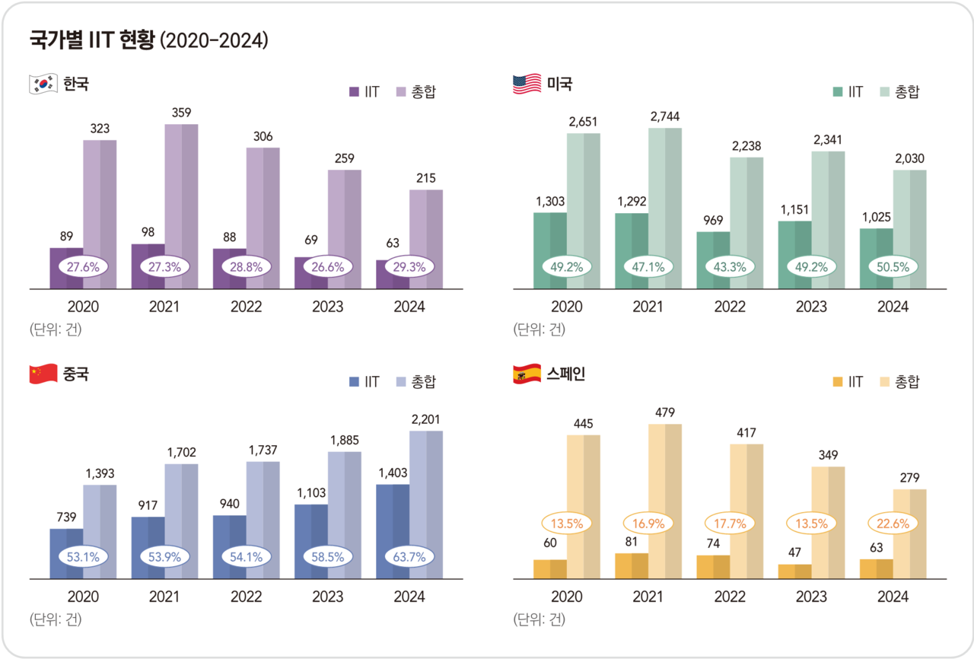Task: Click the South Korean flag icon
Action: click(x=43, y=84)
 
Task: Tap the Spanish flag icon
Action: click(x=527, y=374)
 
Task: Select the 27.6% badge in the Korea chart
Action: click(x=83, y=267)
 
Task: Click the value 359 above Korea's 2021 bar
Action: click(x=181, y=113)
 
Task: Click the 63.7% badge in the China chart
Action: click(x=409, y=557)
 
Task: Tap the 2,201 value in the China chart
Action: click(x=426, y=419)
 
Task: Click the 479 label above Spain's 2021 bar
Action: click(x=665, y=412)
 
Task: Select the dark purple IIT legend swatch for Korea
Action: click(x=354, y=92)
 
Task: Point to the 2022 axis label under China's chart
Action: click(x=247, y=597)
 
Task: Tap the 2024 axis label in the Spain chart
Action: click(x=893, y=597)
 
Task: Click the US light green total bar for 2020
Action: click(x=584, y=211)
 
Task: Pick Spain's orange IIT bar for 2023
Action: click(x=795, y=571)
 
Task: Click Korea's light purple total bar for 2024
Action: click(x=426, y=239)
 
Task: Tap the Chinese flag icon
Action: click(x=43, y=374)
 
